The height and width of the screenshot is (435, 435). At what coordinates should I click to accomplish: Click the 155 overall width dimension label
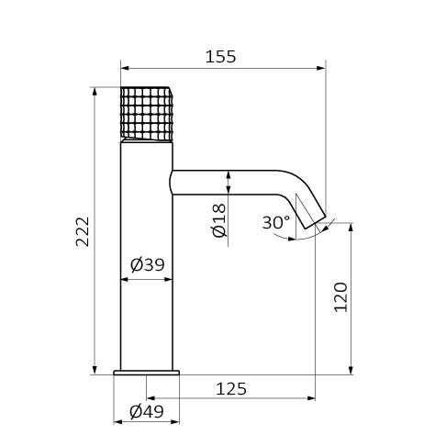220,57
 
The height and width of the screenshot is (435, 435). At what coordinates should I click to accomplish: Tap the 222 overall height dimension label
83,231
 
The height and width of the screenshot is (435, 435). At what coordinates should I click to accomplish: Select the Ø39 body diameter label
148,264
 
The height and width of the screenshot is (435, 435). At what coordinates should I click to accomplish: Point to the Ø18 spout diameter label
219,220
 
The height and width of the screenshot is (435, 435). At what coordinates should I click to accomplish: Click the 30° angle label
276,222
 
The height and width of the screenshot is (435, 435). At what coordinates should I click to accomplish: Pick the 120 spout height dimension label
340,297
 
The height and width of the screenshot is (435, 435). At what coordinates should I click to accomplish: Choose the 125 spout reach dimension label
231,389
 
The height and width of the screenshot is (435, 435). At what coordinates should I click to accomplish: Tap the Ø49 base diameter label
147,412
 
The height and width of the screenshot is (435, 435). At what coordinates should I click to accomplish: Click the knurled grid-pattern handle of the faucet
147,113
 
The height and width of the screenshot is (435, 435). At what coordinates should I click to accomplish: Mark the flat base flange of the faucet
146,373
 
